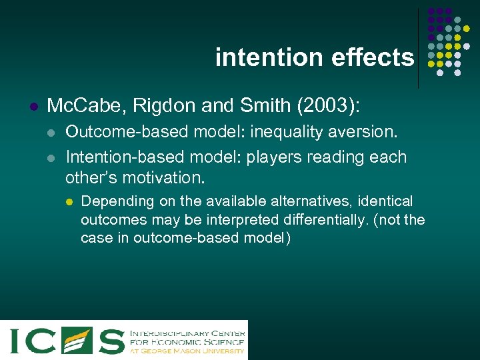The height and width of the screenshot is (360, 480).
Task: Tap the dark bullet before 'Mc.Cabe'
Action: (x=33, y=106)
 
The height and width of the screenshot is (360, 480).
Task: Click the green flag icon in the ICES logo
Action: (x=77, y=340)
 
